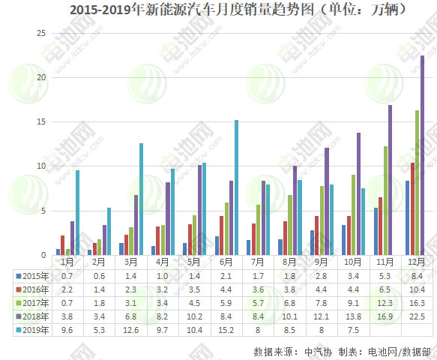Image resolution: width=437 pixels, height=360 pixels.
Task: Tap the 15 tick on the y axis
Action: (41, 121)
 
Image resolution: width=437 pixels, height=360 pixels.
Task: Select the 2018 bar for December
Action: (422, 155)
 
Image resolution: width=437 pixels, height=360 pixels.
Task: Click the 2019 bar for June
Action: (236, 187)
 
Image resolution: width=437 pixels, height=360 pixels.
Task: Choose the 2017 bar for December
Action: (417, 182)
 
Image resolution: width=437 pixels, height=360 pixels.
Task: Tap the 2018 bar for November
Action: (390, 180)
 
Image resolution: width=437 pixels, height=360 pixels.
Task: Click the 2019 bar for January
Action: (77, 212)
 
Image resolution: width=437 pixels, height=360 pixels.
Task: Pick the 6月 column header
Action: (226, 262)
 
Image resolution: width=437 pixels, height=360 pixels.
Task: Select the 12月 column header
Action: (417, 262)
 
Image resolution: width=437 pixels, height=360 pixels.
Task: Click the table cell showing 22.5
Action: (417, 316)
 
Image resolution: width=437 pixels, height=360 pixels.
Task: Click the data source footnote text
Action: (342, 350)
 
